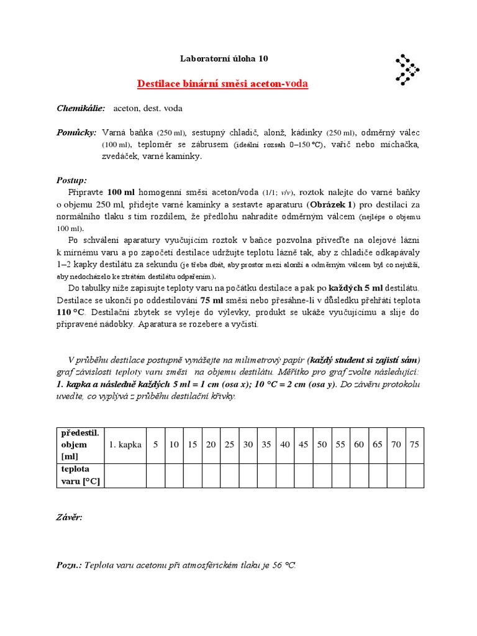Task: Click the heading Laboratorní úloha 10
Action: (x=224, y=59)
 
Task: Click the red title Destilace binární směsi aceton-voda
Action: (x=222, y=84)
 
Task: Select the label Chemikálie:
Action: (x=81, y=109)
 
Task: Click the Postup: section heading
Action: (x=71, y=180)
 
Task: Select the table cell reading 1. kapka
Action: (x=125, y=445)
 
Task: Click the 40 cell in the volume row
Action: (x=285, y=445)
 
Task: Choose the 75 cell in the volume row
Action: (x=415, y=445)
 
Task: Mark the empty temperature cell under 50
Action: (x=322, y=476)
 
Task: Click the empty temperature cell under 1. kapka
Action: (x=125, y=476)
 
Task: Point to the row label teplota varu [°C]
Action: (x=79, y=476)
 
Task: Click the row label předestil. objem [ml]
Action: (x=79, y=445)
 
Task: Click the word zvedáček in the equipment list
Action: (x=122, y=157)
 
